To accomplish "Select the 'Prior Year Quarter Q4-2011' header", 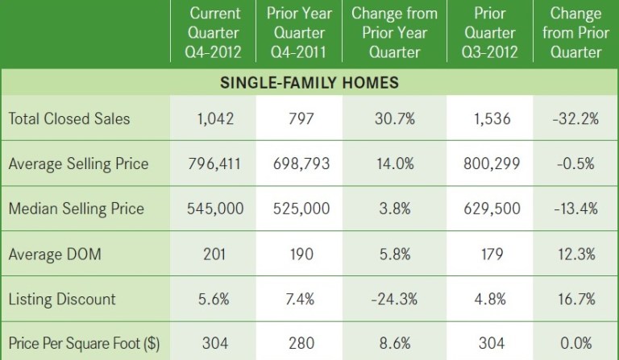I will (x=298, y=34).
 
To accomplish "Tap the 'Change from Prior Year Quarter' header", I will (x=394, y=34).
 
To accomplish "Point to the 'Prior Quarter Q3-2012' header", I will (x=491, y=34).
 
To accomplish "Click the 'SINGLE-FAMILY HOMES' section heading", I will (x=309, y=84).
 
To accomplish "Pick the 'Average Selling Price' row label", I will (x=78, y=163).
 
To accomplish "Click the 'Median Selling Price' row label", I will (x=76, y=209).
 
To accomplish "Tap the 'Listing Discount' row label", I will (x=62, y=299).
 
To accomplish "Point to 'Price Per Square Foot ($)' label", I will (x=83, y=343).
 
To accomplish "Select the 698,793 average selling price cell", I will (x=298, y=163).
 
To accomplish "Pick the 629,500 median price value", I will (x=491, y=209).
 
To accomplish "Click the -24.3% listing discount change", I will (x=394, y=299).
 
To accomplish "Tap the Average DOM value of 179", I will (x=491, y=254).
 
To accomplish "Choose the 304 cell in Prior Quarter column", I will (x=491, y=343).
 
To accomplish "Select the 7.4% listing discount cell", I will (x=298, y=299).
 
